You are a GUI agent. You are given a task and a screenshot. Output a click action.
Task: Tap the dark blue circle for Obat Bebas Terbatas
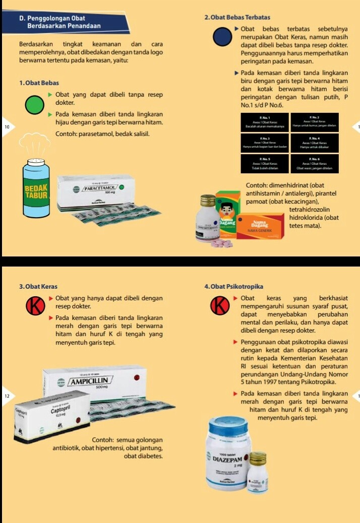coord(222,37)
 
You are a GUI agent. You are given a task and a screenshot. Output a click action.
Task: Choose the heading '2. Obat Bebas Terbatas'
coord(237,18)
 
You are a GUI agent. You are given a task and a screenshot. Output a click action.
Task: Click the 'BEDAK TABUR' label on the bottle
coord(36,191)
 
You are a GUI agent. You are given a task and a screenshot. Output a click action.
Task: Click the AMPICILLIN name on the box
coord(91,381)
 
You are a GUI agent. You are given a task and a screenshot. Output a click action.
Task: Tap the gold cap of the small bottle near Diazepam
coord(258,458)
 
